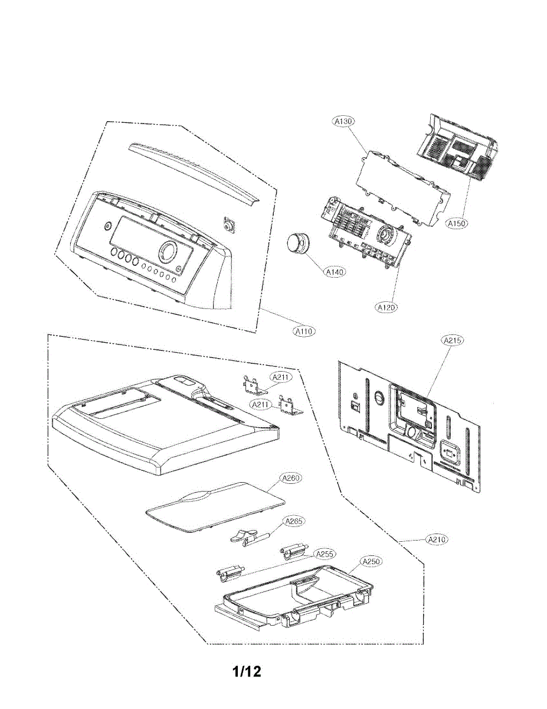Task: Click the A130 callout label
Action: coord(343,122)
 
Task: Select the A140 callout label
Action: coord(335,272)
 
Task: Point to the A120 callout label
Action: coord(386,307)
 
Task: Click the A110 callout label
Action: coord(304,331)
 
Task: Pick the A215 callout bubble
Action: coord(453,340)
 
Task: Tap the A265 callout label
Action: coord(294,522)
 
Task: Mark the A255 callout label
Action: coord(325,554)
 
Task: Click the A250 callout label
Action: coord(370,561)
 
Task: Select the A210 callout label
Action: coord(437,539)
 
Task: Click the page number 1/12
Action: coord(247,672)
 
